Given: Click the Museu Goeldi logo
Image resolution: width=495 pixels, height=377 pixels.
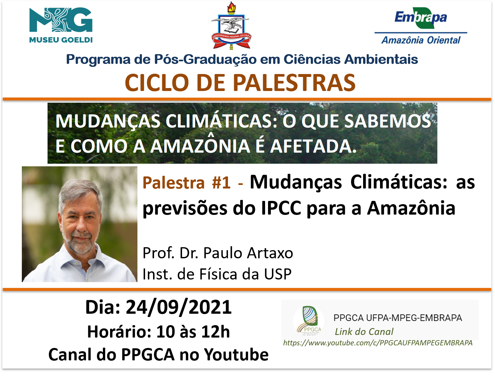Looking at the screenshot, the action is coord(61,25).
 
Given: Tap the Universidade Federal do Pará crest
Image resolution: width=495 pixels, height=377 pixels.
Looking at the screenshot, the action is coord(231,26).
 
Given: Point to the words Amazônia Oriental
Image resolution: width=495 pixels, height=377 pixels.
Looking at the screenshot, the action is coord(421,40).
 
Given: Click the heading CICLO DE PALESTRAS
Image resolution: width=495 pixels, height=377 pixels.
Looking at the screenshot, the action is coord(240,83).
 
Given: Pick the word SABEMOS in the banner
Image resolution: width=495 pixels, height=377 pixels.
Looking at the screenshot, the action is coord(388,121).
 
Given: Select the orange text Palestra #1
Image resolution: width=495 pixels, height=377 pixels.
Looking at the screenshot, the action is coord(187,183).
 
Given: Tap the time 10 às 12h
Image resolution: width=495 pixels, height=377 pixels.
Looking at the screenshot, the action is coord(193,332).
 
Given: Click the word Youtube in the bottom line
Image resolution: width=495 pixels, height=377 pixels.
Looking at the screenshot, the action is coord(236,354).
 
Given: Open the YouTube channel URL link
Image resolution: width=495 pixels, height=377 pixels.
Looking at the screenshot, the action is coord(378,343).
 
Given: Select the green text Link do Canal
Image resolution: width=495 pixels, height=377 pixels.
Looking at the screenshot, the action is coord(364,332).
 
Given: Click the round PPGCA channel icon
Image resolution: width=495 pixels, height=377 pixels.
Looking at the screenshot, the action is coord(309,321).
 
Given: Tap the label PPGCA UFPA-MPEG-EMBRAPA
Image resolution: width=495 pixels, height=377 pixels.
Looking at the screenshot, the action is coord(398,318).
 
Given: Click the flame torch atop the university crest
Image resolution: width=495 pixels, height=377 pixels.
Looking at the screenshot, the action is coord(231,8).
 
